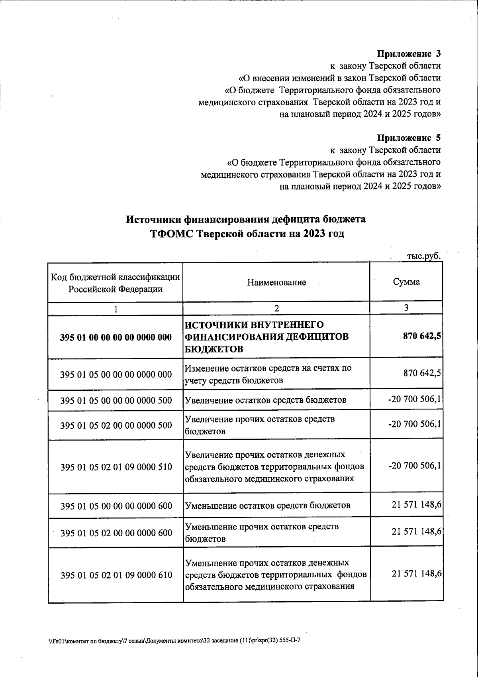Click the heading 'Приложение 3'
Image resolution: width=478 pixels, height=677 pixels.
409,53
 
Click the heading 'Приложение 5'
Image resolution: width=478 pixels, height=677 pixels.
409,138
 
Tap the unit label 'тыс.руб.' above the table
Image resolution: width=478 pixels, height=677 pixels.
424,256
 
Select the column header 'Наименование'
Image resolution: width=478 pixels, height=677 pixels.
276,282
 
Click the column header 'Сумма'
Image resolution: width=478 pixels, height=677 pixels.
406,282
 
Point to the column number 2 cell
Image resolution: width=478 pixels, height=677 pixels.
276,308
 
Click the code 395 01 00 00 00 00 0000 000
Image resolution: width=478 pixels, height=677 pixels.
116,337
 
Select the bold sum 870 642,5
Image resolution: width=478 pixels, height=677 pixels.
421,336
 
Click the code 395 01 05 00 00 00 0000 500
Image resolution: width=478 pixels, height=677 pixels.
116,400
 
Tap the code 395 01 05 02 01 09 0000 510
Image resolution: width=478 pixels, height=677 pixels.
116,466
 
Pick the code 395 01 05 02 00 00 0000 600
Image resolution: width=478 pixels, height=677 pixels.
116,533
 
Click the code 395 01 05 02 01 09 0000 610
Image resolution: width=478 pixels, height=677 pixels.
116,575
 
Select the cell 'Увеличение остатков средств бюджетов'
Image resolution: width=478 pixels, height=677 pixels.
265,400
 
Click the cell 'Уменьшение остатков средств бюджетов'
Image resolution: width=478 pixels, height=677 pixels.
268,506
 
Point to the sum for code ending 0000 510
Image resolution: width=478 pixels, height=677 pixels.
414,465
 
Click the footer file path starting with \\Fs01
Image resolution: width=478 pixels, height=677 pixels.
174,642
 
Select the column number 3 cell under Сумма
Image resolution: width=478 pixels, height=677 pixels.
406,308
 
